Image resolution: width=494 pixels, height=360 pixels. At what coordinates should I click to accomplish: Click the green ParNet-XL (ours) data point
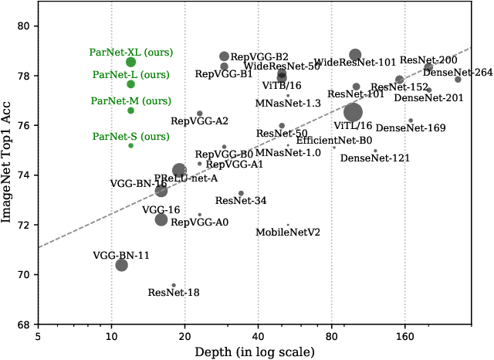(x=131, y=62)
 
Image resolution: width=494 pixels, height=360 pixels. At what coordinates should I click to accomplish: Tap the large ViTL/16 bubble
(x=353, y=113)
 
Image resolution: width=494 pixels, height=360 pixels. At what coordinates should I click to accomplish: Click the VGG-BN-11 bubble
(x=121, y=265)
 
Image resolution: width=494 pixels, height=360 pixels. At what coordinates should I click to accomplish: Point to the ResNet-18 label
(x=174, y=293)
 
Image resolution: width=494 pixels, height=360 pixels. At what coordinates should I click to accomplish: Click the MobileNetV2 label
(x=288, y=232)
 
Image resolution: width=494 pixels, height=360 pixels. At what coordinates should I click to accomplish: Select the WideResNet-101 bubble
(x=355, y=55)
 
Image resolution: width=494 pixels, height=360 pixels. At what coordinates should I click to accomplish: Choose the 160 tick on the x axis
(x=405, y=337)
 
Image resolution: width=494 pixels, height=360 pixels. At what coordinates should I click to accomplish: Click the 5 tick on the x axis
(x=38, y=337)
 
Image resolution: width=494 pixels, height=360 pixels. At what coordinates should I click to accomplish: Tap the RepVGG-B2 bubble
(x=224, y=56)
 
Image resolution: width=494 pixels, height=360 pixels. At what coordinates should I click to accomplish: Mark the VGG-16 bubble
(x=161, y=219)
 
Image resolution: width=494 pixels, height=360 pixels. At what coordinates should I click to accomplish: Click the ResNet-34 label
(x=241, y=201)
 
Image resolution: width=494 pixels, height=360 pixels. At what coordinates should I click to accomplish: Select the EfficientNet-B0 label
(x=334, y=141)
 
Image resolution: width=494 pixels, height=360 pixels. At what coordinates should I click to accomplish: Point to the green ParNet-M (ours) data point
(x=131, y=110)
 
